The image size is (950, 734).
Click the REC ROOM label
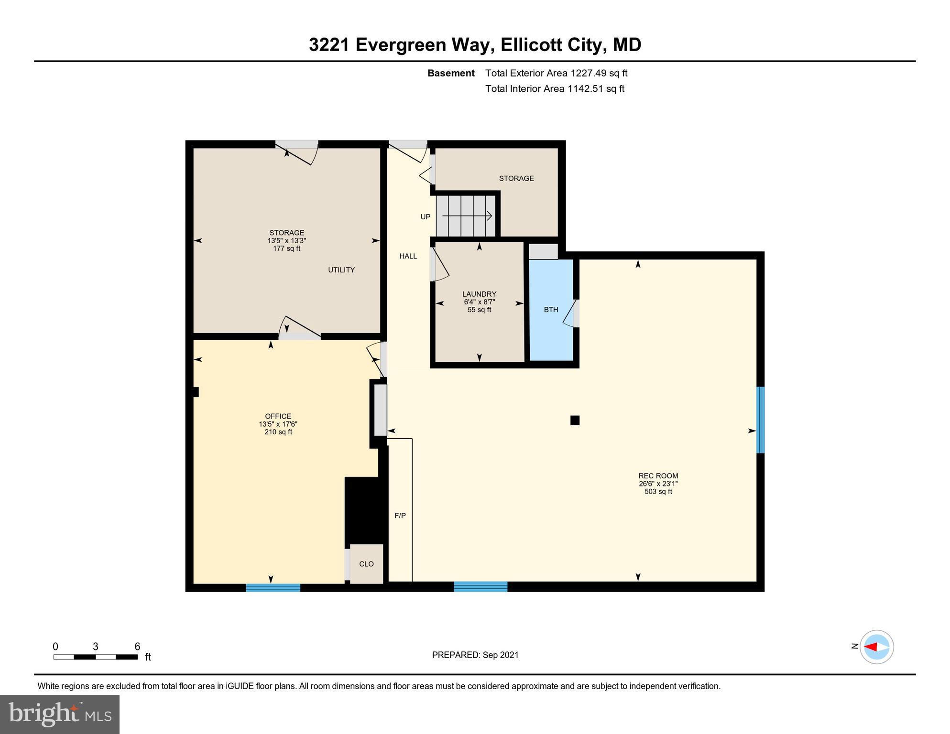[658, 475]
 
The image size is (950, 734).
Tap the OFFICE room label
[278, 416]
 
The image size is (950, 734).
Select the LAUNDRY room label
[479, 294]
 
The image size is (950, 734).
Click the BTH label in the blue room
[551, 310]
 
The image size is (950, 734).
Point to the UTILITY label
[341, 270]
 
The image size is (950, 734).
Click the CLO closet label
[366, 564]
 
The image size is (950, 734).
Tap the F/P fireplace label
[400, 516]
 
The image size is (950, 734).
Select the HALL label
[408, 256]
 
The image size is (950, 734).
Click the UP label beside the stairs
[425, 216]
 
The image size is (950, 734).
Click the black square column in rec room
[575, 420]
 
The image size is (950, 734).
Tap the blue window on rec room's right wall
[760, 420]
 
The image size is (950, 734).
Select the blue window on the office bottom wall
[273, 587]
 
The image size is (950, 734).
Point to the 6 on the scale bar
[137, 647]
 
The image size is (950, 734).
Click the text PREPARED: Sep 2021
[475, 655]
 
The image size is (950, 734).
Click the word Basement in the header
[450, 73]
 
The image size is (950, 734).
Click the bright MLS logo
[60, 714]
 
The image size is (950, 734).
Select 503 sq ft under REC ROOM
[658, 491]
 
